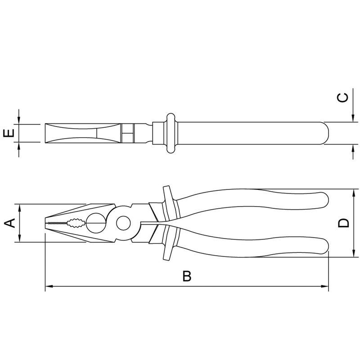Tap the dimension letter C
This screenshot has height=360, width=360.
[x=343, y=98]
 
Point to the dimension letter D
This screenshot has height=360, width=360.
[x=344, y=223]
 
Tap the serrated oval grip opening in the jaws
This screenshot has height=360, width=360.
[x=75, y=223]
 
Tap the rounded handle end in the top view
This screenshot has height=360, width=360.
[x=325, y=133]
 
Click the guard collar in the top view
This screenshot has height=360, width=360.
[x=171, y=133]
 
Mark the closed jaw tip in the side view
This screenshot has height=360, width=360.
[x=46, y=223]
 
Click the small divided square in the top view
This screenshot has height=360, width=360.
[x=128, y=133]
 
